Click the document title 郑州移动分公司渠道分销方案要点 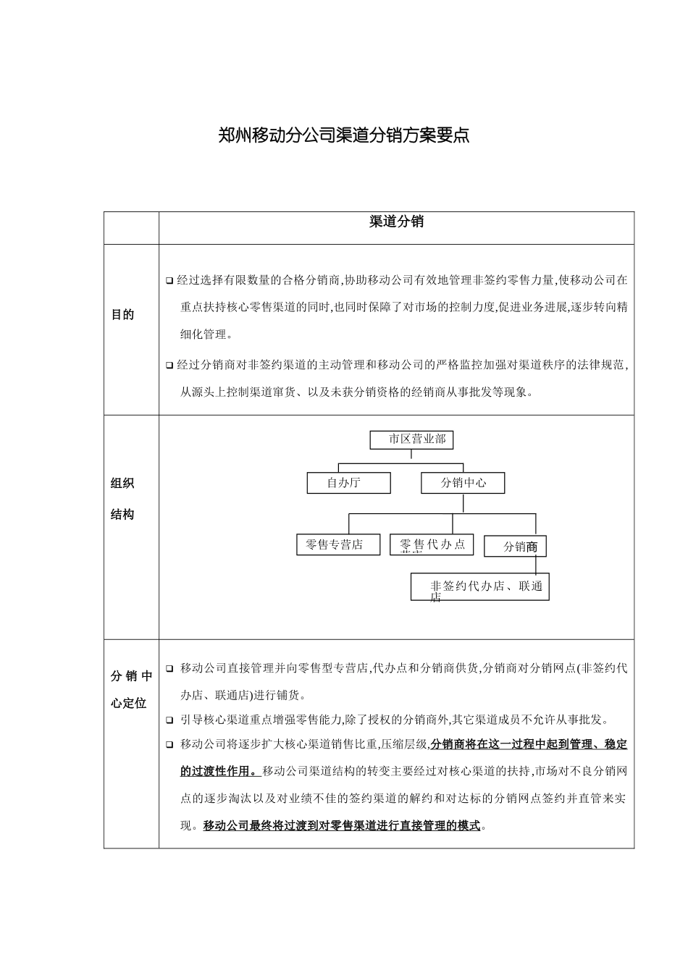[x=344, y=135]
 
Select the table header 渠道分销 [x=396, y=222]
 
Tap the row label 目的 [x=122, y=315]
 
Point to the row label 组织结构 [x=122, y=499]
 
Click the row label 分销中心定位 [x=131, y=689]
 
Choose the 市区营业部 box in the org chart [x=411, y=439]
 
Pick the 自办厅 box [x=348, y=483]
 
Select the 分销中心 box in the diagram [x=463, y=483]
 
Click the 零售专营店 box [x=338, y=544]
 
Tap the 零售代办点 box [x=432, y=544]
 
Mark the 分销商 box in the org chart [x=516, y=547]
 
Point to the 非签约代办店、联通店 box [x=479, y=586]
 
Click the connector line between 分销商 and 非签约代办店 [x=536, y=565]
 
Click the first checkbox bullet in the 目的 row [x=169, y=280]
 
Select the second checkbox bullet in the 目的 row [x=169, y=366]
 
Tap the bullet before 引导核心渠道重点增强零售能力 [x=169, y=720]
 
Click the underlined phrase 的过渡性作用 [x=217, y=770]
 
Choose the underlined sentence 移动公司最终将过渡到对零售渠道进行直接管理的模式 [x=342, y=825]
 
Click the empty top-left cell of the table [x=131, y=228]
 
